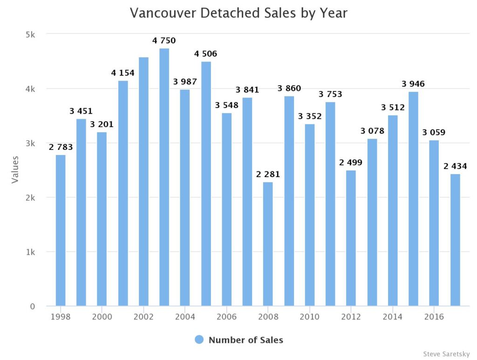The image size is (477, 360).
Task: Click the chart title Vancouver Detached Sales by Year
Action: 238,13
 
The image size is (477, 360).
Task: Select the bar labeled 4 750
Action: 164,177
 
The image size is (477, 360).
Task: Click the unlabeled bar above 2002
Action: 143,182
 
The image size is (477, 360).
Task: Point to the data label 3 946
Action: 413,84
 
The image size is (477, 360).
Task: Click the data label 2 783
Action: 61,147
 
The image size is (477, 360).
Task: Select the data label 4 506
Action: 205,54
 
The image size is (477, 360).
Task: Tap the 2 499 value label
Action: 351,163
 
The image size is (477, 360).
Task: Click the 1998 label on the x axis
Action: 61,317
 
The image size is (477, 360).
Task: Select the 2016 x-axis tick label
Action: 434,317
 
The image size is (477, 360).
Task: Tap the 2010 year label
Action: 309,317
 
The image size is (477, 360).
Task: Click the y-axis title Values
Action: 15,170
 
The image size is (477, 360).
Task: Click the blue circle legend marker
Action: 199,340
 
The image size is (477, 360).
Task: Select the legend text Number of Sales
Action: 245,340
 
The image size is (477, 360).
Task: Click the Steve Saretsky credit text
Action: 446,354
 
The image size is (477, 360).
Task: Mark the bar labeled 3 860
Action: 289,201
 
